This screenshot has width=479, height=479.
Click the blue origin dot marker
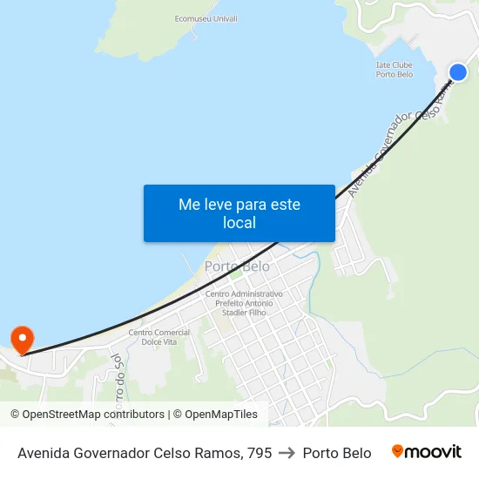pos(458,72)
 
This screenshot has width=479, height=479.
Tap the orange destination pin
pos(21,339)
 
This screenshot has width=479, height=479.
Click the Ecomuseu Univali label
pos(206,18)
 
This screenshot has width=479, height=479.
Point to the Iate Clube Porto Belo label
pos(394,69)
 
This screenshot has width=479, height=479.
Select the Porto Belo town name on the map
pos(237,266)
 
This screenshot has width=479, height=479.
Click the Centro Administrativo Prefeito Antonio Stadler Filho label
pos(244,303)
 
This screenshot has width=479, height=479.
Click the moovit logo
pos(427,452)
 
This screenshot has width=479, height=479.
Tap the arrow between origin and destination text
pos(287,453)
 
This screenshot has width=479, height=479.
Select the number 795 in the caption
pos(259,453)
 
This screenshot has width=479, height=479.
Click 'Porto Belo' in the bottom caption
pos(337,453)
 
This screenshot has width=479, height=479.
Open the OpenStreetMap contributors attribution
pos(87,415)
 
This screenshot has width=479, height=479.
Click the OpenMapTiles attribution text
pos(215,415)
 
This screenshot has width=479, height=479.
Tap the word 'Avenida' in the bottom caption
pos(44,453)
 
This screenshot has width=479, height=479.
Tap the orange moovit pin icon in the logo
pos(398,451)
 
